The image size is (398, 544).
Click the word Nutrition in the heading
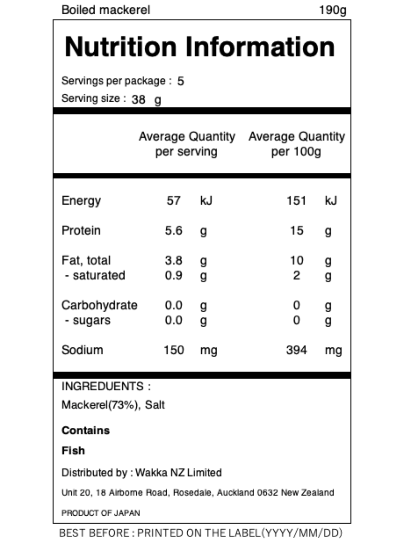(x=121, y=47)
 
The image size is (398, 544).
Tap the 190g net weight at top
(x=332, y=10)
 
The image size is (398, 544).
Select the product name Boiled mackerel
(x=106, y=10)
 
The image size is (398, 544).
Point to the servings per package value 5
(x=181, y=81)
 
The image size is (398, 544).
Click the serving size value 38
(x=139, y=100)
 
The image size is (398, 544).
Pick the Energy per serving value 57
(x=174, y=201)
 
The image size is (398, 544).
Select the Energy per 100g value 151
(x=296, y=201)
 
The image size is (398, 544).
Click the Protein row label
(x=81, y=230)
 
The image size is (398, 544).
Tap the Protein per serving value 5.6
(x=174, y=230)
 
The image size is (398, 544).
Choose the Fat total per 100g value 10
(x=296, y=260)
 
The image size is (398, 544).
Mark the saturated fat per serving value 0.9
(x=174, y=275)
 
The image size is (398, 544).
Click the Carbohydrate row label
(x=99, y=305)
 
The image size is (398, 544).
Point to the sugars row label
(x=92, y=320)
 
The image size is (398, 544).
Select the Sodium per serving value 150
(x=174, y=350)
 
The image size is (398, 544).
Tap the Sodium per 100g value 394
(x=296, y=350)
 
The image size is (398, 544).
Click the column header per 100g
(x=296, y=152)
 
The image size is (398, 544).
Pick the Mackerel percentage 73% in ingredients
(x=124, y=405)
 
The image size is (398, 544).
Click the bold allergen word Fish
(x=73, y=451)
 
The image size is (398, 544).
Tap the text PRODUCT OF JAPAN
(x=101, y=513)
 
